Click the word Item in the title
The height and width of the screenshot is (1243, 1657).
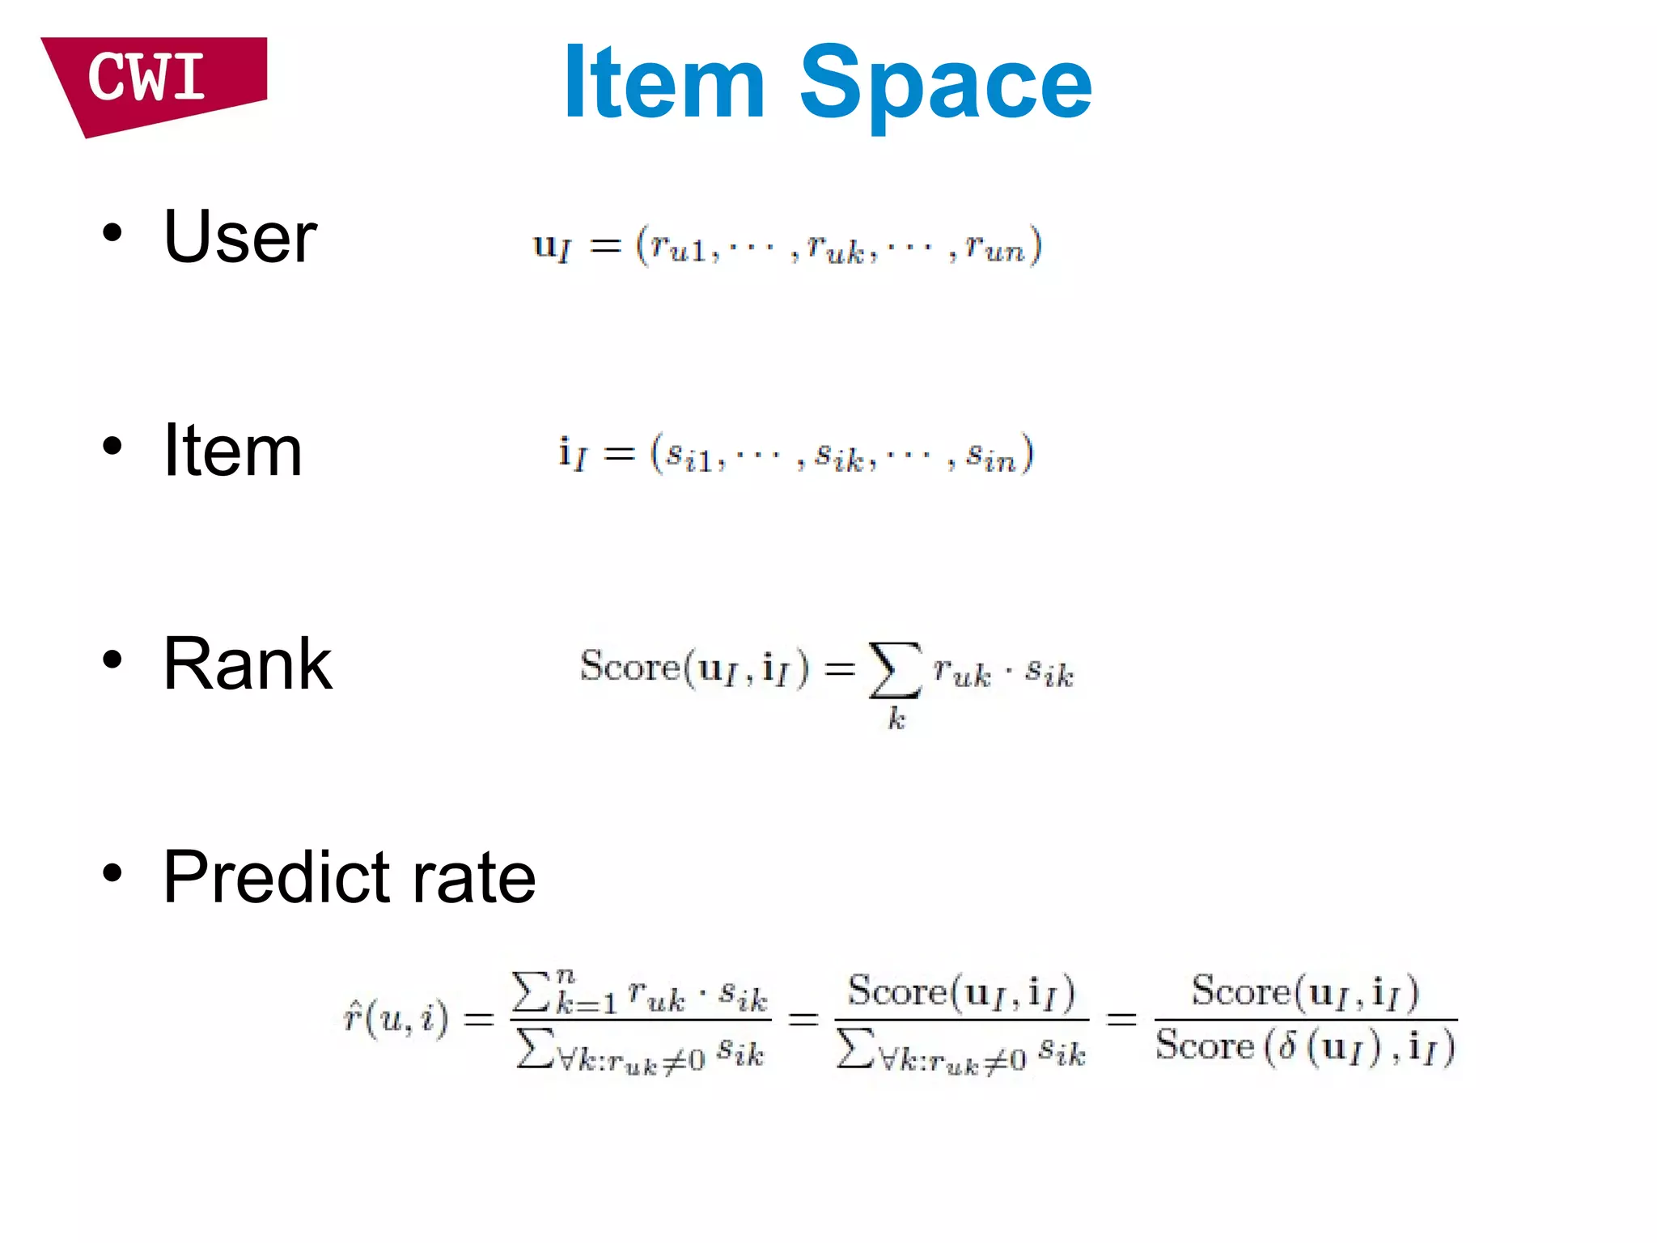663,83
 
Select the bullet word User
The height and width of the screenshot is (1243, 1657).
239,237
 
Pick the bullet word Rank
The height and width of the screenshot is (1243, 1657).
247,664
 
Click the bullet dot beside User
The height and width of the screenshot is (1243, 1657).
112,234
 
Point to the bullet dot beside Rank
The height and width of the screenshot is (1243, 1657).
112,660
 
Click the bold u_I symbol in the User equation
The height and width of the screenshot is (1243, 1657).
552,246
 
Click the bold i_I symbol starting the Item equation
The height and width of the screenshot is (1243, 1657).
572,454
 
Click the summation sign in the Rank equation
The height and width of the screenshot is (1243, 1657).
894,669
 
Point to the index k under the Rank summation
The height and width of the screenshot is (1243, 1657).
896,719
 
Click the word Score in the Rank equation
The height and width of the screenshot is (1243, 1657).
629,667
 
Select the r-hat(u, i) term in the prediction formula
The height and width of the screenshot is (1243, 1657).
396,1018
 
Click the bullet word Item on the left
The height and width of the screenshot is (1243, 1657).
232,451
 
